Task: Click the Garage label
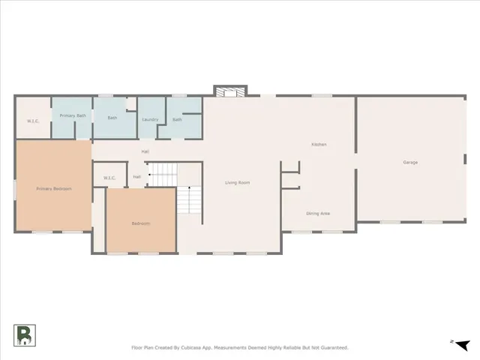410,162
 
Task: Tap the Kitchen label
319,144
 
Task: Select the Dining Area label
318,214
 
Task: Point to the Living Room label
238,182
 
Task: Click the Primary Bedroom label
54,188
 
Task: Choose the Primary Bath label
73,115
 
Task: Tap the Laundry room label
149,119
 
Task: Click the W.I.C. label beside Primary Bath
33,121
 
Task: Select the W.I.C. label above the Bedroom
109,178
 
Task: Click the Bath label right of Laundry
177,119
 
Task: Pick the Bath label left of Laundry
112,118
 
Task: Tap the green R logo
23,336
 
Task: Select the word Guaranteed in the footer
331,348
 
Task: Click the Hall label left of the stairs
137,176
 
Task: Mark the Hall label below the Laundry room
146,152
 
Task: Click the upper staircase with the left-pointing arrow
161,174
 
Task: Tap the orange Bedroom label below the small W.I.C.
141,223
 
